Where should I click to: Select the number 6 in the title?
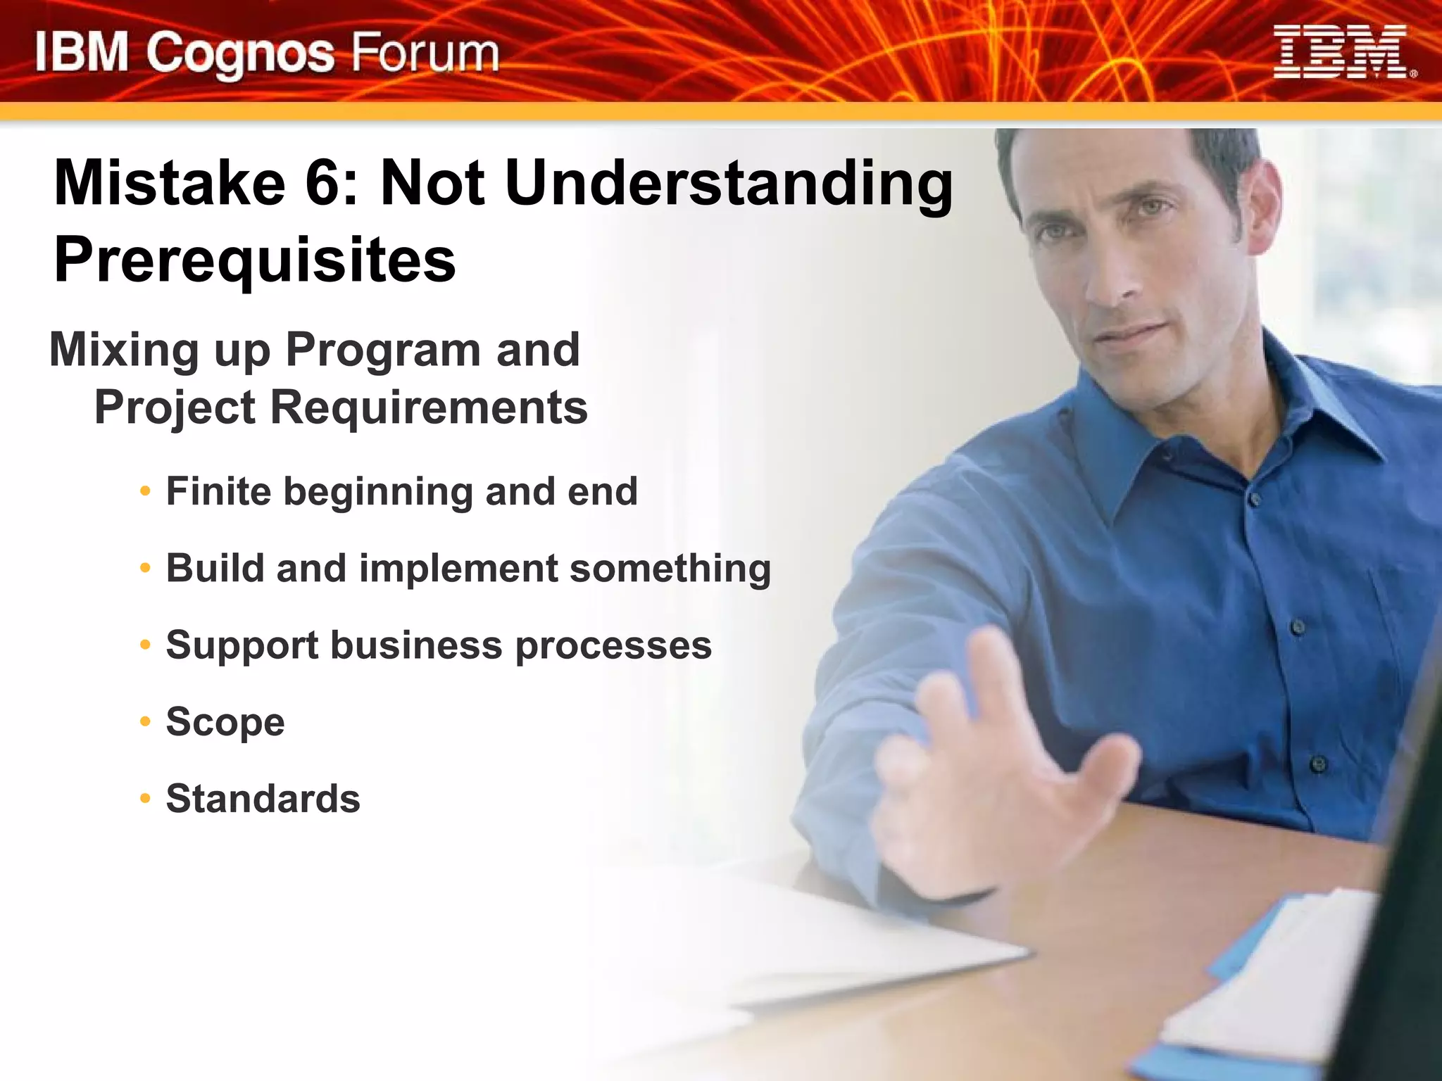tap(323, 183)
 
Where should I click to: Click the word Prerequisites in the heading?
tap(255, 260)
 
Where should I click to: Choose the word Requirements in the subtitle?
tap(429, 407)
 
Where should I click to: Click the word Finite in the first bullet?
tap(218, 491)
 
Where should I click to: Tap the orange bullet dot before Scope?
tap(145, 721)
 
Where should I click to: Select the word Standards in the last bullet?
tap(263, 799)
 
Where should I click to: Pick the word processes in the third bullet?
tap(613, 646)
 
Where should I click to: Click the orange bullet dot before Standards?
tap(145, 798)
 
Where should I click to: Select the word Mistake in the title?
tap(170, 183)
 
